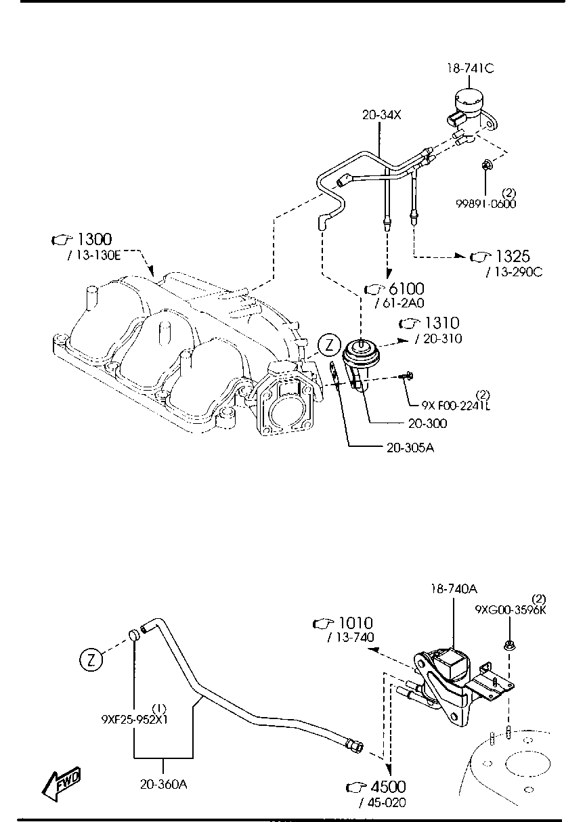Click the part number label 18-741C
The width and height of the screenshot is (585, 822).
471,68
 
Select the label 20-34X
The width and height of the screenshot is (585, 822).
381,115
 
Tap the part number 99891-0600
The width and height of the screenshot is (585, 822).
486,204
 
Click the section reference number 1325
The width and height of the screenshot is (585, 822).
513,257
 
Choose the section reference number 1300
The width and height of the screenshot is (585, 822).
94,239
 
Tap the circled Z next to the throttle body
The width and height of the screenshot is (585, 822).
328,345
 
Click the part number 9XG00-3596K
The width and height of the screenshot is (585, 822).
510,609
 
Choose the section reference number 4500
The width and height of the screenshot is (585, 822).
387,787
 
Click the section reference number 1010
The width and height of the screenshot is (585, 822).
355,623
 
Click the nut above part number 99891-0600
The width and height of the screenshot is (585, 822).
485,165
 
